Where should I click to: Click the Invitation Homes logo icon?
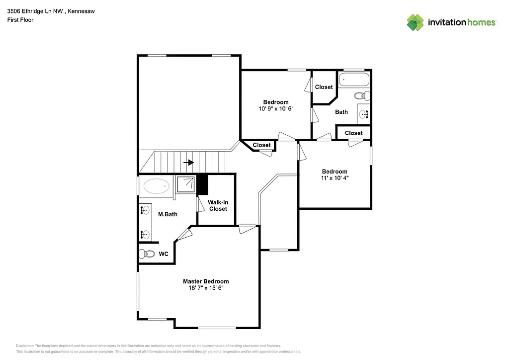415,22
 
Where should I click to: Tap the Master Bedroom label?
206,281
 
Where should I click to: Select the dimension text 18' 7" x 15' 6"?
206,288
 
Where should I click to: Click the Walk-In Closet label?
218,206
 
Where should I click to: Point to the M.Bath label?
168,215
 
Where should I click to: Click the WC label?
164,254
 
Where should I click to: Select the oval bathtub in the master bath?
156,187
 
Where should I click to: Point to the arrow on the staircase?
188,163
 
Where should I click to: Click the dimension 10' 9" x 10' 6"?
276,108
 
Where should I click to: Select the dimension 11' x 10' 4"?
334,178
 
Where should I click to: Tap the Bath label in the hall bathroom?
341,112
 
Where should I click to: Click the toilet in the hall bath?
361,95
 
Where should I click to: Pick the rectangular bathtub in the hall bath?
354,80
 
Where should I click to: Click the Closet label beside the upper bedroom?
324,87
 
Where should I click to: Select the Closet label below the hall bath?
354,133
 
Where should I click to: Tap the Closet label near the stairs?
261,145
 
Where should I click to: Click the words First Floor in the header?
20,20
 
